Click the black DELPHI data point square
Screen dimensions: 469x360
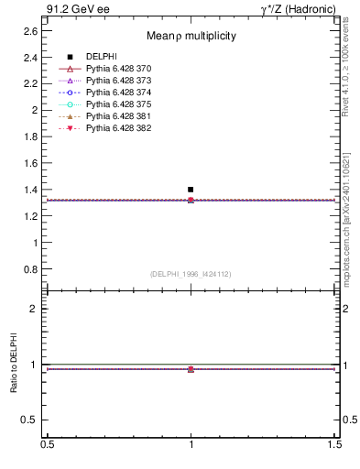click(191, 190)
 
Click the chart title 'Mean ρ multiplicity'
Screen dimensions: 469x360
click(191, 36)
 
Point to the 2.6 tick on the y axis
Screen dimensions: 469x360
click(30, 30)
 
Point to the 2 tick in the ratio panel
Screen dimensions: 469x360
click(34, 309)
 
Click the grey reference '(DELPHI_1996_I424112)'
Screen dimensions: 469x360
click(191, 274)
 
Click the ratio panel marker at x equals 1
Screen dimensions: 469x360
click(191, 369)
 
